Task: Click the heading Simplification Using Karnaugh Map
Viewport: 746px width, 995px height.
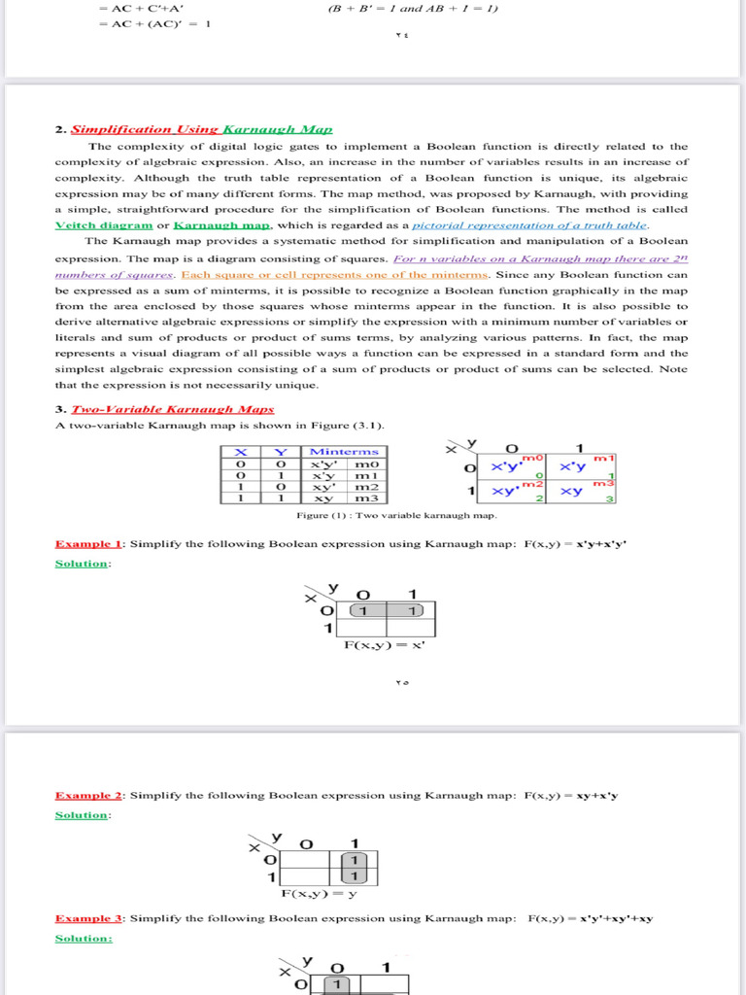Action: pos(201,129)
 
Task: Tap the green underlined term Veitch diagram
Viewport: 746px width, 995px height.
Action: pos(104,224)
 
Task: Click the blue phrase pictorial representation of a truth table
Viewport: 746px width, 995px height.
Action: pos(529,224)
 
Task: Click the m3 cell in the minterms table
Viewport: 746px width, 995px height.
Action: pos(366,497)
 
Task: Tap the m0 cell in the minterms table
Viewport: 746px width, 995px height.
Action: pos(366,464)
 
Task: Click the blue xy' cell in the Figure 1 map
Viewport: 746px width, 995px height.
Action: pos(508,491)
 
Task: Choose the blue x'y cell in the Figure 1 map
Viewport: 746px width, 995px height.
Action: pos(573,466)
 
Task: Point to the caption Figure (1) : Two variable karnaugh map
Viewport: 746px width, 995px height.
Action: pos(395,515)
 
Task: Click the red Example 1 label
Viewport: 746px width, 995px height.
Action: pos(89,544)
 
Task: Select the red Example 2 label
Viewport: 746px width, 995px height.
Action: pos(89,795)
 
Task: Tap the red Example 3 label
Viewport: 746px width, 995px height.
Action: pos(89,918)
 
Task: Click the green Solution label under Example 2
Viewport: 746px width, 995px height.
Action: pos(82,815)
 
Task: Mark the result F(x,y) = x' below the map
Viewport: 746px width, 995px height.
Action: pos(385,644)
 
